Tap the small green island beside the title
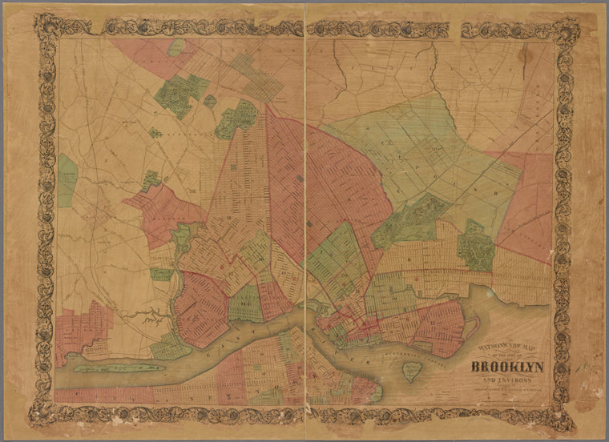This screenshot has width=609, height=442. pos(413,371)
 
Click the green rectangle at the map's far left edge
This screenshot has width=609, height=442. pos(67,178)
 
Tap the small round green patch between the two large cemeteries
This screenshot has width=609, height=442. pos(210,102)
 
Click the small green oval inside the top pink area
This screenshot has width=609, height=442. pos(176,47)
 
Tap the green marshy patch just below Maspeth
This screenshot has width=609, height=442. pos(163,274)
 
